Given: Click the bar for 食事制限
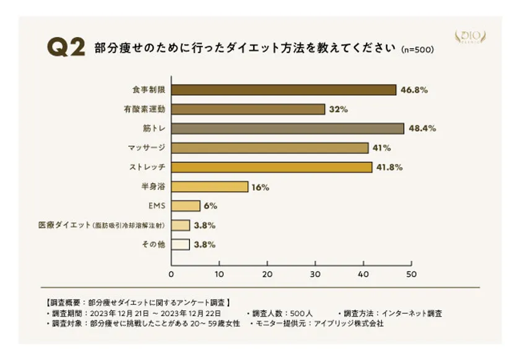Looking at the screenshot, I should coord(284,90).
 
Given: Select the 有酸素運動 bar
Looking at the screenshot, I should coord(248,109).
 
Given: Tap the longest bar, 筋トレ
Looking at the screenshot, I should coord(287,129).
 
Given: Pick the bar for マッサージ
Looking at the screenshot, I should coord(269,148).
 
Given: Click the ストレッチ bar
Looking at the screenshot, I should coord(271,167).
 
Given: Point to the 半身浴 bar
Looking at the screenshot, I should coord(209,186).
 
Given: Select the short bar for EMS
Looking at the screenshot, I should coord(186,205).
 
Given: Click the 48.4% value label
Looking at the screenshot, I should coord(422,129).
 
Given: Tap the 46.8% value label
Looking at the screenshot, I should coord(414,90).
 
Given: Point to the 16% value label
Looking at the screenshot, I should coord(261,187).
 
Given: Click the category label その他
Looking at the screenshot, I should coord(153,244).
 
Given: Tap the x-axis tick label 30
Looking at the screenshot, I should coord(315,273).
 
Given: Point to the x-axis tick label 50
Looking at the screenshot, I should coord(411,273).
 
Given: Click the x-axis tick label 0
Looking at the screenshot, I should coord(171,273).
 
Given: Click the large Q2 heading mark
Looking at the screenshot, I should coord(66,48).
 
